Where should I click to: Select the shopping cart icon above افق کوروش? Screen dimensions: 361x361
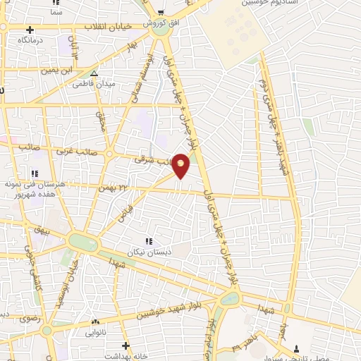(161, 12)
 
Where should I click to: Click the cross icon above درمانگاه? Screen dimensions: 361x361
(30, 30)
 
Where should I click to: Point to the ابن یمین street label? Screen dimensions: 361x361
(57, 71)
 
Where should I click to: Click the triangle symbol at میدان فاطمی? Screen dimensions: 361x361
(94, 73)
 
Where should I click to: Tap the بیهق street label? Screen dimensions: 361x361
(40, 230)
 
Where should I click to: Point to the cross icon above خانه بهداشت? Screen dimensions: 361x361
(126, 345)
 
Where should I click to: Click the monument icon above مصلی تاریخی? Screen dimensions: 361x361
(297, 348)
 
